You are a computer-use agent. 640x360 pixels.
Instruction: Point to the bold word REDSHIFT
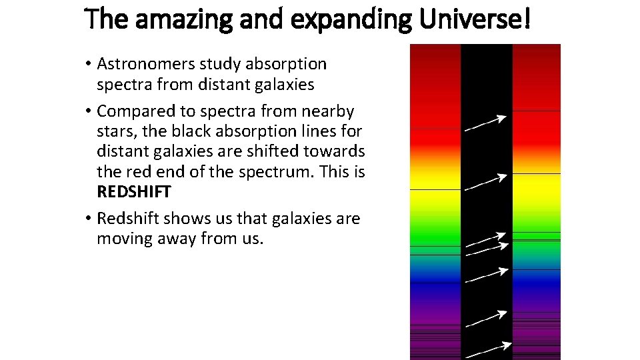tap(134, 192)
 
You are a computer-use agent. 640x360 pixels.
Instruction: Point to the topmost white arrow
tap(485, 123)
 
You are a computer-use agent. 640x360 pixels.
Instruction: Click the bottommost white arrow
tap(487, 349)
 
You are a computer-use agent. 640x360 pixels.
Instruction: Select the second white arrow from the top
tap(485, 182)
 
